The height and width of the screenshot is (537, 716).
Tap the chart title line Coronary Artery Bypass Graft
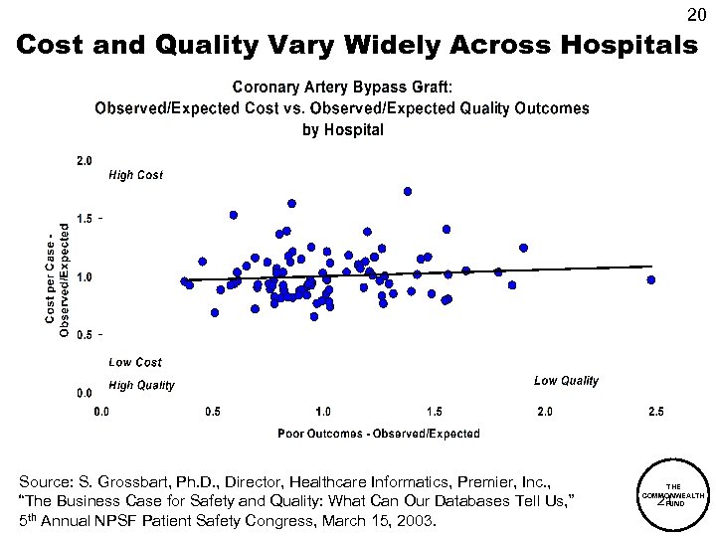342,88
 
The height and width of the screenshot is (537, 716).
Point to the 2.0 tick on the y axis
85,159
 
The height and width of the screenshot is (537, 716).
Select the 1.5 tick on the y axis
85,218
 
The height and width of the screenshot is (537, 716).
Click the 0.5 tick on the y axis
85,335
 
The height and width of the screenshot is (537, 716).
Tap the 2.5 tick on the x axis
654,412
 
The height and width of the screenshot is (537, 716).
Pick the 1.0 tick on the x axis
323,412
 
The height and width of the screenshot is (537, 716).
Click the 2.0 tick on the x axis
544,412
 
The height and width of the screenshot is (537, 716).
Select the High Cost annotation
135,176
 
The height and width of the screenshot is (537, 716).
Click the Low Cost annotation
135,363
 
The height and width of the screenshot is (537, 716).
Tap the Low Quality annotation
566,381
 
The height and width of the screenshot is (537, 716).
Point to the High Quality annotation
141,385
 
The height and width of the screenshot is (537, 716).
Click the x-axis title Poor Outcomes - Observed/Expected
378,434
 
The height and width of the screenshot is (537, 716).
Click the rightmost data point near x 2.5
651,280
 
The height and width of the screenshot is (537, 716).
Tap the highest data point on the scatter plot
408,191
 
